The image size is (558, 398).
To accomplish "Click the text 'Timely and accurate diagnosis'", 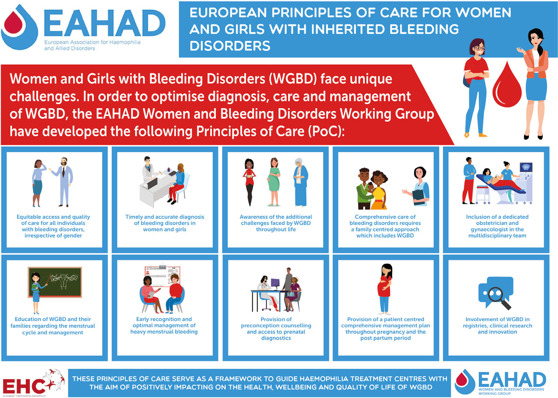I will click(x=165, y=217).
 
